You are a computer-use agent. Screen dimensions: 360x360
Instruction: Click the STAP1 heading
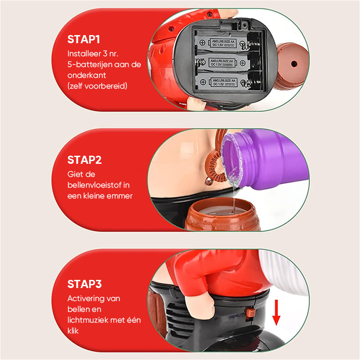84,40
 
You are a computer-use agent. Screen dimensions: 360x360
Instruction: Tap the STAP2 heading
85,160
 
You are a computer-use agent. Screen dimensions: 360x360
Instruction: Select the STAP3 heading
85,284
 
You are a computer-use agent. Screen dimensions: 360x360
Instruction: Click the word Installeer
84,54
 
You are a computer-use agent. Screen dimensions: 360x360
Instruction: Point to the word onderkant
86,75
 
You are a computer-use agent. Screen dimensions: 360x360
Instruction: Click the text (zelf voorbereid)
97,86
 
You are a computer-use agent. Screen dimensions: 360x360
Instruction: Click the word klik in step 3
73,331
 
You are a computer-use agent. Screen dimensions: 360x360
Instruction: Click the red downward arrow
276,312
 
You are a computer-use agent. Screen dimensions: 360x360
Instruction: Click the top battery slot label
223,43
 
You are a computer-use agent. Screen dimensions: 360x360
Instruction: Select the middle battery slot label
222,63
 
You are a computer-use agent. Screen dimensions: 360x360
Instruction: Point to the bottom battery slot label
224,82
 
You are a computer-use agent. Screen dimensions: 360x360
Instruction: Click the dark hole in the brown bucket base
294,63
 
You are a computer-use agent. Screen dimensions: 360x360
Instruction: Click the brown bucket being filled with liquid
222,214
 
